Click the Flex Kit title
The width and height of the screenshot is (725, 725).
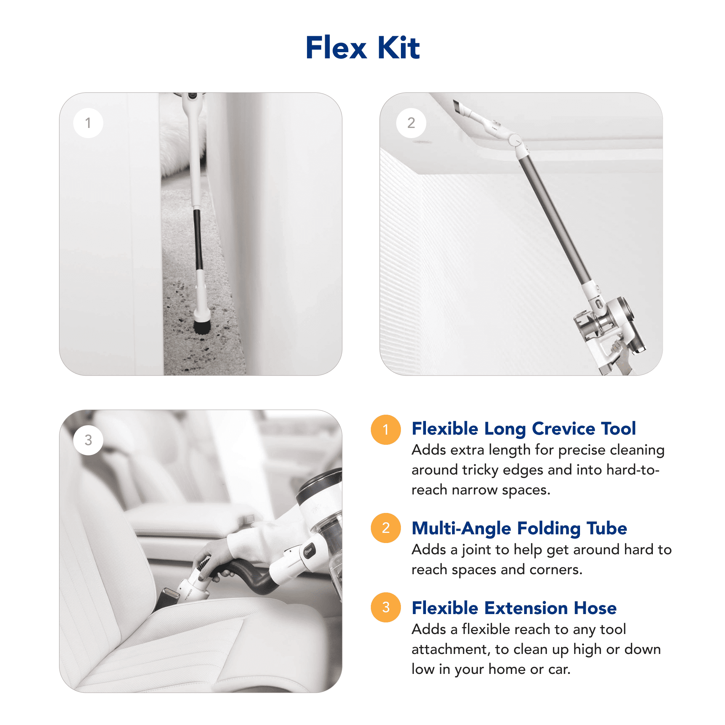point(362,47)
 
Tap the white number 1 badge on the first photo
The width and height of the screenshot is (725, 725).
point(88,123)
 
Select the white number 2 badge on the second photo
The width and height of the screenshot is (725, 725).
point(411,123)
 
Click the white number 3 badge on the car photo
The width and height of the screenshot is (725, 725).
point(88,440)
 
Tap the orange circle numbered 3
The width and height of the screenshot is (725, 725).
point(385,607)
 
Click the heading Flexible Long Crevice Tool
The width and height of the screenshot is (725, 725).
point(523,429)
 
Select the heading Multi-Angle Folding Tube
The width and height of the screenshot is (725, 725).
point(519,529)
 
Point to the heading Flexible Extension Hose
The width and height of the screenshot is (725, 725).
point(514,608)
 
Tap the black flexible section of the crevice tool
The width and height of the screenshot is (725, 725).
point(198,239)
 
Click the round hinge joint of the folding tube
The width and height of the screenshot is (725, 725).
point(514,140)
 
